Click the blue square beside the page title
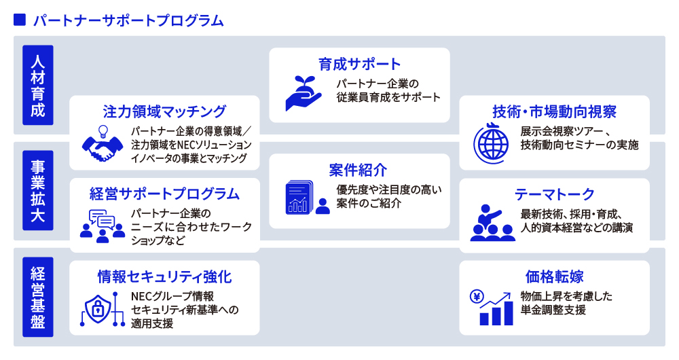click(20, 20)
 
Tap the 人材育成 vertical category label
click(37, 86)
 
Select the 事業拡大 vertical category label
click(37, 191)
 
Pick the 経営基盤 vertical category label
click(37, 298)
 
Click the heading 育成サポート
click(359, 64)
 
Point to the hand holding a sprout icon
click(303, 94)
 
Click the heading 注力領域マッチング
click(164, 112)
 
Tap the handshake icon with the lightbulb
click(103, 144)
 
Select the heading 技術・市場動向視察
click(554, 112)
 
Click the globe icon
click(491, 143)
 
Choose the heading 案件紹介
click(358, 170)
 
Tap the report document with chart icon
click(299, 198)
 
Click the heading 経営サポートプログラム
click(164, 194)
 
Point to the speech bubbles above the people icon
click(102, 219)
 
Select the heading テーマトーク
click(554, 194)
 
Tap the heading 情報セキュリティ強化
click(164, 277)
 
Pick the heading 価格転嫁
click(554, 276)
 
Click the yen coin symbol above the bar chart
click(477, 297)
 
